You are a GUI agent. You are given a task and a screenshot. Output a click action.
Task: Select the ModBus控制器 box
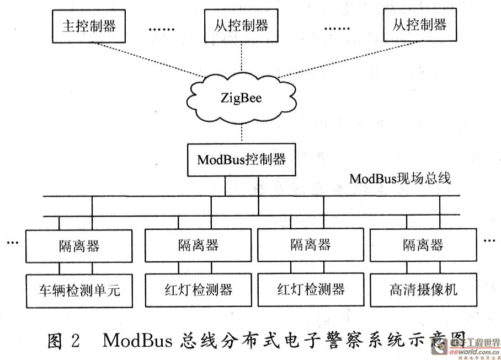point(242,160)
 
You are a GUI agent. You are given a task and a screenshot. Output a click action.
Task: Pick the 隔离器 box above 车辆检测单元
point(79,245)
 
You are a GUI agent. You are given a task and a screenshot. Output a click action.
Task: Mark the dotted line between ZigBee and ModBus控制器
point(242,132)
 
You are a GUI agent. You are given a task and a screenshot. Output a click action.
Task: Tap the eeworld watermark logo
point(476,347)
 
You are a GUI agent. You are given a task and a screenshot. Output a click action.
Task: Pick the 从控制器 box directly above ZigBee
point(241,26)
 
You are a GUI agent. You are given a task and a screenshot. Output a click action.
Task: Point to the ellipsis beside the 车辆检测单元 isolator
point(13,242)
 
